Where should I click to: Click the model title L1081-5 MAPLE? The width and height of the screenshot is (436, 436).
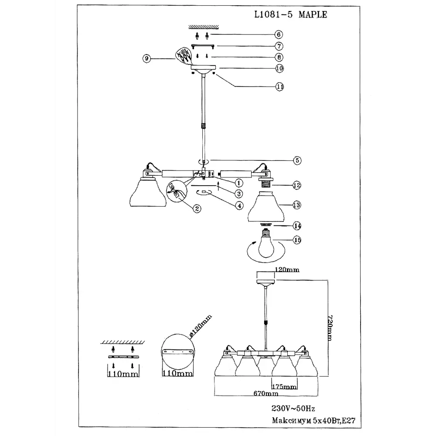tap(290, 14)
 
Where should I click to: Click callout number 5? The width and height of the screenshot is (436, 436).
tap(297, 160)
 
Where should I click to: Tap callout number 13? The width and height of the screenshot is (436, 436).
tap(297, 204)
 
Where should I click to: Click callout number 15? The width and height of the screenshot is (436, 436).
tap(297, 239)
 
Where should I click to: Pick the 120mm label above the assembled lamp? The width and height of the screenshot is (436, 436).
tap(287, 270)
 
